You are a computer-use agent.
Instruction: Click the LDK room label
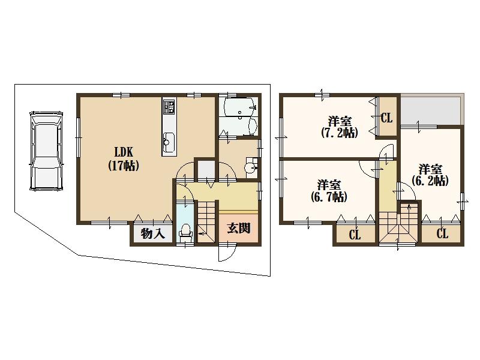pyautogui.click(x=124, y=153)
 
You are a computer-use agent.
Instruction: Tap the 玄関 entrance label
pyautogui.click(x=239, y=228)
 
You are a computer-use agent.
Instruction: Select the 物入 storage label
pyautogui.click(x=153, y=233)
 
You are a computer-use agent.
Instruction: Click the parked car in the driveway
pyautogui.click(x=46, y=150)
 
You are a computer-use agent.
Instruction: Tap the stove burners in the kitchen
pyautogui.click(x=168, y=109)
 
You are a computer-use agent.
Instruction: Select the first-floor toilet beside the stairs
pyautogui.click(x=185, y=231)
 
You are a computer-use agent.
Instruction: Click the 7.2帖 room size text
pyautogui.click(x=339, y=133)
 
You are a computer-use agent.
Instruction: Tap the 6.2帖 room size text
pyautogui.click(x=430, y=181)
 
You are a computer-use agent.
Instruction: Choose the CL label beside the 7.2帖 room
pyautogui.click(x=387, y=118)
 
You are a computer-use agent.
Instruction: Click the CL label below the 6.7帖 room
pyautogui.click(x=355, y=235)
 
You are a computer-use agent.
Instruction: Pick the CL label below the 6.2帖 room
pyautogui.click(x=442, y=234)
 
